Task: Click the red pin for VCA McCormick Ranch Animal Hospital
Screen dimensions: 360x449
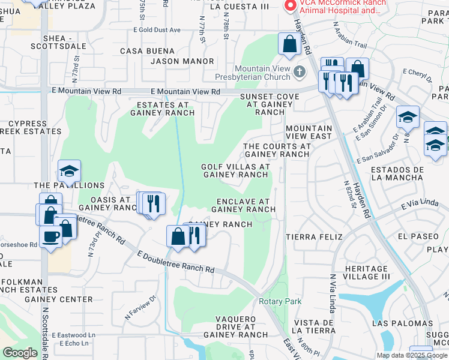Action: click(291, 6)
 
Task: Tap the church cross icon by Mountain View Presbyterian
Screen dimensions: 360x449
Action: click(301, 73)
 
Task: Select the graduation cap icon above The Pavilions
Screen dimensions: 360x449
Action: click(69, 172)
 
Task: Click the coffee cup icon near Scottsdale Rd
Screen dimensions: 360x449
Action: click(50, 236)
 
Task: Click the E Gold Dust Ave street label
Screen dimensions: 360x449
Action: click(149, 30)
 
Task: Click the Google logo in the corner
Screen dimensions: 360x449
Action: click(20, 353)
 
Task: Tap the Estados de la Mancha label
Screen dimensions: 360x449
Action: click(397, 174)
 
